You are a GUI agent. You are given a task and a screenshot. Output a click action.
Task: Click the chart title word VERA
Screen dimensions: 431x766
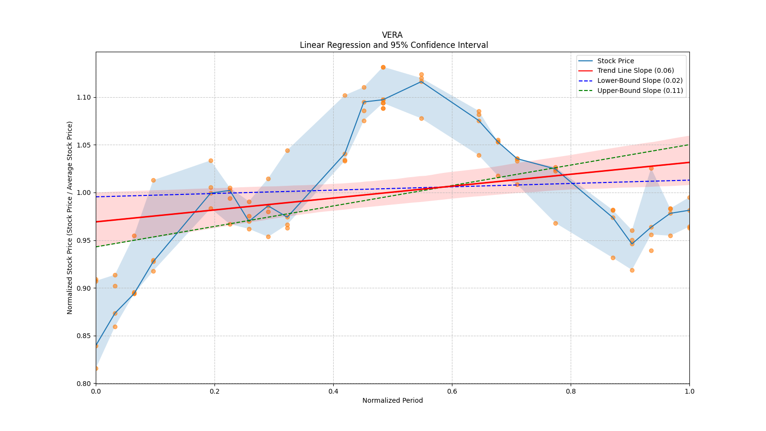(x=392, y=35)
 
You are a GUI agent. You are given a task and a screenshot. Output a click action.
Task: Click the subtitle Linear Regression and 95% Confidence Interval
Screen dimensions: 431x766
(x=394, y=45)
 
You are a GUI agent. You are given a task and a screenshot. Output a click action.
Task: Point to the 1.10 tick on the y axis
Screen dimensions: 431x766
(x=84, y=97)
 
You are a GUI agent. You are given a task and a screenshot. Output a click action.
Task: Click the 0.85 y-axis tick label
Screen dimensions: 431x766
(x=84, y=336)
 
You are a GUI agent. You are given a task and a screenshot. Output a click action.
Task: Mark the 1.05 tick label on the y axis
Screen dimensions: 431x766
(x=84, y=145)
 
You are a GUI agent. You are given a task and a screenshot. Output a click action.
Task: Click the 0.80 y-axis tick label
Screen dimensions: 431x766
(x=84, y=384)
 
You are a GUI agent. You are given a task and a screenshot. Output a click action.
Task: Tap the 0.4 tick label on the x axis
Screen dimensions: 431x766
(x=333, y=391)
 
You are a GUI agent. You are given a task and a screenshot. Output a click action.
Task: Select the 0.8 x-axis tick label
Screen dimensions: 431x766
(x=571, y=391)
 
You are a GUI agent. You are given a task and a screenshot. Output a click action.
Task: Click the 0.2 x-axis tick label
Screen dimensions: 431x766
(x=214, y=391)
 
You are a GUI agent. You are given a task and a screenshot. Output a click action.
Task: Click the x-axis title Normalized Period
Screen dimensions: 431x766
(x=393, y=400)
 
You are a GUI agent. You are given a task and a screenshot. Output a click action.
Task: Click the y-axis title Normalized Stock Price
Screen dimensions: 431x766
(x=70, y=217)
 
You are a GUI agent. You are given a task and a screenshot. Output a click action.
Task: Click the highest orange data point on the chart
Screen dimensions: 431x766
(x=383, y=68)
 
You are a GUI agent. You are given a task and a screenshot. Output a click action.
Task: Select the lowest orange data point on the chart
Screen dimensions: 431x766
(x=96, y=368)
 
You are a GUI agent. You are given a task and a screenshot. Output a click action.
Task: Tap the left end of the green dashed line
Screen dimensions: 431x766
(x=96, y=247)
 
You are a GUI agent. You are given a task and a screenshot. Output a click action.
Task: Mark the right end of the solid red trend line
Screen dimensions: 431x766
(x=689, y=162)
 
